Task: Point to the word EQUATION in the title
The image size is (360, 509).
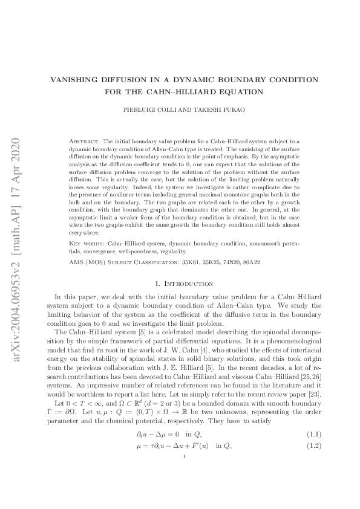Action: (x=247, y=92)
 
